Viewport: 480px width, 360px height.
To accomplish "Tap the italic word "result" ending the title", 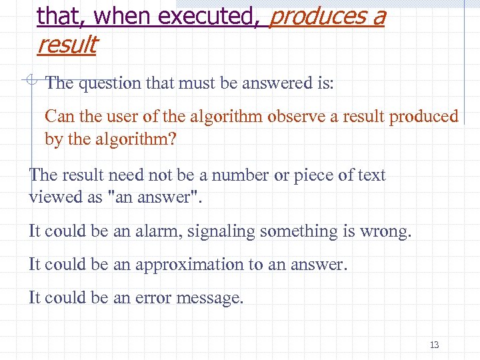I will click(x=67, y=45).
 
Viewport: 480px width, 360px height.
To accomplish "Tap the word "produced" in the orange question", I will click(x=424, y=117).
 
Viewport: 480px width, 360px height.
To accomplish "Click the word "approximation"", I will click(x=189, y=265).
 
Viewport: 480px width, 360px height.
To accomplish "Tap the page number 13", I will click(x=435, y=345).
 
